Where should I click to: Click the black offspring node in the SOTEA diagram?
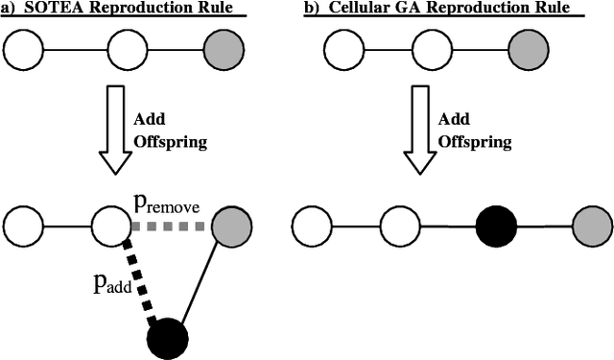coord(167,337)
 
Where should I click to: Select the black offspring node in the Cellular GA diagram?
coord(496,228)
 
